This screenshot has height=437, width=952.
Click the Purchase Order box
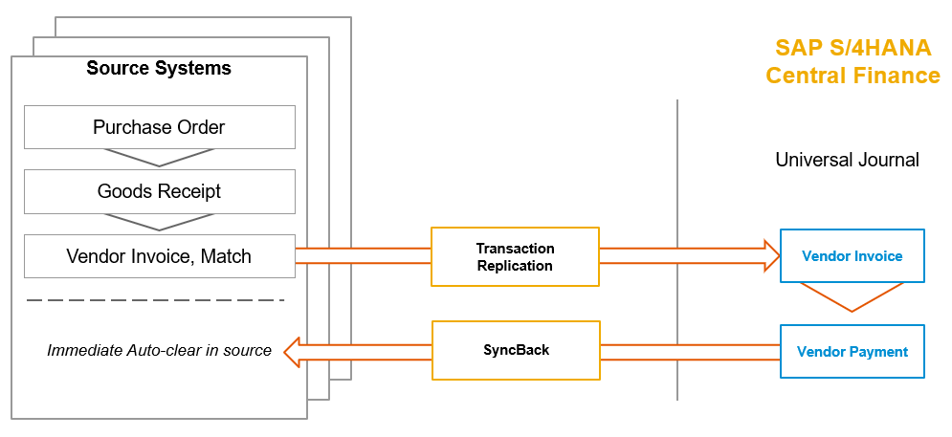(159, 127)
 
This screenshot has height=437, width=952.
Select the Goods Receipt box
(159, 191)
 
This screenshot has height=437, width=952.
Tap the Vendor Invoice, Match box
(159, 256)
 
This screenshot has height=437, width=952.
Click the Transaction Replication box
(515, 256)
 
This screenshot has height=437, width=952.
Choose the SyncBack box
(516, 350)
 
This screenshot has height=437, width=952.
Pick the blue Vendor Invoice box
(852, 256)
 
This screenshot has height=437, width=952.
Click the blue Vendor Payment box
(852, 351)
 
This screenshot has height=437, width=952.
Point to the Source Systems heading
(159, 69)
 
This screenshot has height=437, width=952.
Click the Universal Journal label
(847, 160)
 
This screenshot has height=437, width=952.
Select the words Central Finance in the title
(852, 76)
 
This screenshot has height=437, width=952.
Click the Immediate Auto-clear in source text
(159, 351)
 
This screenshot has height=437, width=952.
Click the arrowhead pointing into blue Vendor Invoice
(771, 255)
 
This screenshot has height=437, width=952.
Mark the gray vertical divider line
(677, 249)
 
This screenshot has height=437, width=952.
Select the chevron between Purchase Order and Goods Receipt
(159, 158)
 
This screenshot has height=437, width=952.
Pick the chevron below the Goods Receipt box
(159, 223)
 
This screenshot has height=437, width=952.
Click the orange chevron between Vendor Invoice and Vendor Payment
(852, 297)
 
